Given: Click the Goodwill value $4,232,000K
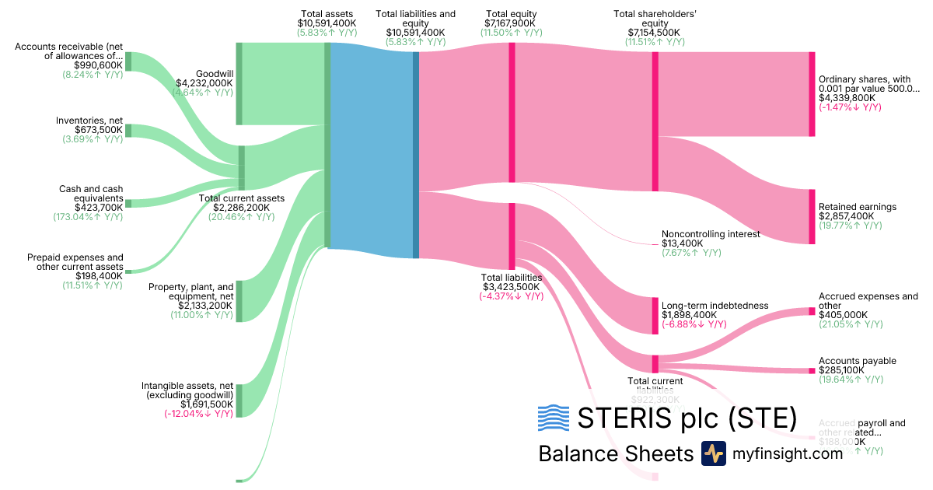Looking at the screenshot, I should click(204, 82).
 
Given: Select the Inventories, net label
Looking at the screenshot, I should click(89, 120).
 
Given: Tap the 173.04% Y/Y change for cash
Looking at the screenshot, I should click(93, 217).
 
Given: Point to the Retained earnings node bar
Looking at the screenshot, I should click(812, 216).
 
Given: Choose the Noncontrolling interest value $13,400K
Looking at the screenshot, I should click(682, 243).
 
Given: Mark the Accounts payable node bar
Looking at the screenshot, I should click(812, 372).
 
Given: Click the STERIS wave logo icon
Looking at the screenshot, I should click(553, 418).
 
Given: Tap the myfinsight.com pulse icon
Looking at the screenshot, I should click(713, 453).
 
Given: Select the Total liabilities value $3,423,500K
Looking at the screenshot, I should click(511, 286).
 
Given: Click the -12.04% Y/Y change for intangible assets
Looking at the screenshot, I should click(198, 414).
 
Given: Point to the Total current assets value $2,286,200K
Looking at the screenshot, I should click(241, 208).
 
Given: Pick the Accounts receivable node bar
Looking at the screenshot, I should click(128, 61).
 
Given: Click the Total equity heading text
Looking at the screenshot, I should click(511, 14).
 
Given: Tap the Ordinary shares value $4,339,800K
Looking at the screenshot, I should click(847, 98).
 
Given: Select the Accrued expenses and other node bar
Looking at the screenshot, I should click(812, 312).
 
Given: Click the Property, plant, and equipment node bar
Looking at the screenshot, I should click(239, 301).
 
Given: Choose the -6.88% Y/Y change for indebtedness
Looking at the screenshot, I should click(694, 324).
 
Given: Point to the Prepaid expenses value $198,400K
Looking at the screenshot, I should click(99, 275).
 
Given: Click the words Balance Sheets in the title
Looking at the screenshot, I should click(615, 453).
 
